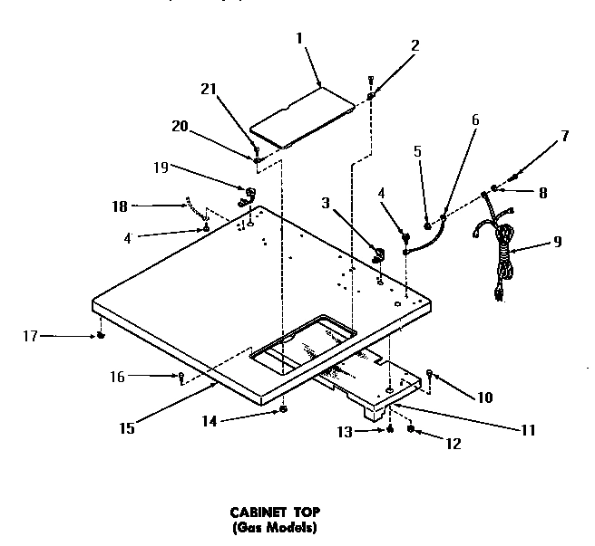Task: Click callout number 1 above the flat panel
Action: pos(300,40)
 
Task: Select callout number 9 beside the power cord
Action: pos(556,241)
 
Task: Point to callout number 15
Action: pos(127,428)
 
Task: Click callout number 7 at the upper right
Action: pos(564,137)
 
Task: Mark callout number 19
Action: pos(161,167)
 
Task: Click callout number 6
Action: pos(475,119)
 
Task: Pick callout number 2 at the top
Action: pos(415,44)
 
